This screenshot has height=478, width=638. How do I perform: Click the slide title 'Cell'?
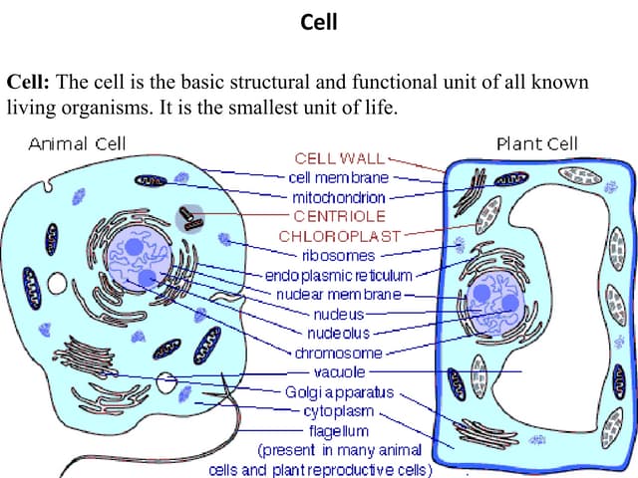pos(319,22)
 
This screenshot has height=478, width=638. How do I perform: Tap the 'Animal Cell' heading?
pos(77,143)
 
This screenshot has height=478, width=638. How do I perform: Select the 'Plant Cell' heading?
pos(536,143)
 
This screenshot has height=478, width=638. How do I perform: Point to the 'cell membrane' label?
pos(339,177)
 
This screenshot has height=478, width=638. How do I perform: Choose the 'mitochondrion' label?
pos(339,196)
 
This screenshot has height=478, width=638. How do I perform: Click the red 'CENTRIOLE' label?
pos(339,215)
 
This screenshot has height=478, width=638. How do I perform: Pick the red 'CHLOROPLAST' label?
pos(339,236)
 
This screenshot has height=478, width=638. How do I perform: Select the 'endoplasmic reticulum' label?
pos(338,274)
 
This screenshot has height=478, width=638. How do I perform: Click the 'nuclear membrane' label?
pos(339,294)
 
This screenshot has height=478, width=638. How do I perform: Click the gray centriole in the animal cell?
pos(188,216)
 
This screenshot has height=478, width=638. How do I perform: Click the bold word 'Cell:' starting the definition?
pos(28,82)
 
